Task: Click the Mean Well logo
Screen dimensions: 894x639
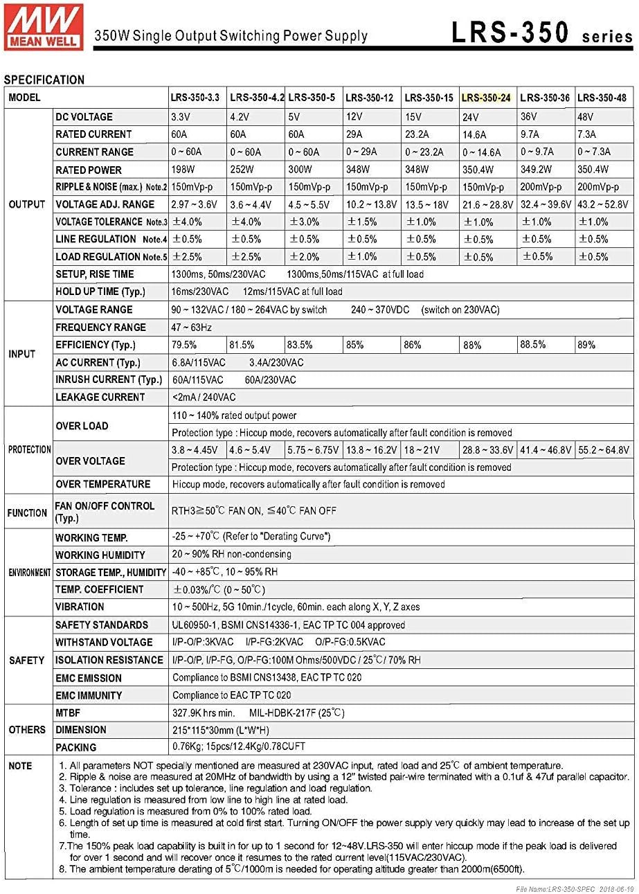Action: [43, 26]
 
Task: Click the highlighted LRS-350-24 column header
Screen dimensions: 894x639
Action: [486, 98]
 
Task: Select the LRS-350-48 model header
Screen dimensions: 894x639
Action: [602, 98]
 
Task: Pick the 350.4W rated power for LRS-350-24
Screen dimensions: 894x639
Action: [477, 170]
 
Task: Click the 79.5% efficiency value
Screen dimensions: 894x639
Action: [183, 345]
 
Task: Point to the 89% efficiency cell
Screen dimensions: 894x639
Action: [586, 345]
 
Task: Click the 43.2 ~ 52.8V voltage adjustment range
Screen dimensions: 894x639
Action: [602, 205]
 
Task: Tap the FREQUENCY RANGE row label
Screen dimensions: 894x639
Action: [100, 328]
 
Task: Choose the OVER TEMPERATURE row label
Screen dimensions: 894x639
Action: [102, 484]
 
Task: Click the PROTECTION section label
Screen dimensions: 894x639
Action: [29, 449]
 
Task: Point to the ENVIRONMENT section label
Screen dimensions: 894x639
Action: [29, 573]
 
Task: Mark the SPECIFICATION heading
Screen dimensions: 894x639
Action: [44, 80]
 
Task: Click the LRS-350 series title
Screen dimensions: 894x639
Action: [542, 33]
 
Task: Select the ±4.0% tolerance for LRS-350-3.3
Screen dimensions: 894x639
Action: [187, 222]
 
